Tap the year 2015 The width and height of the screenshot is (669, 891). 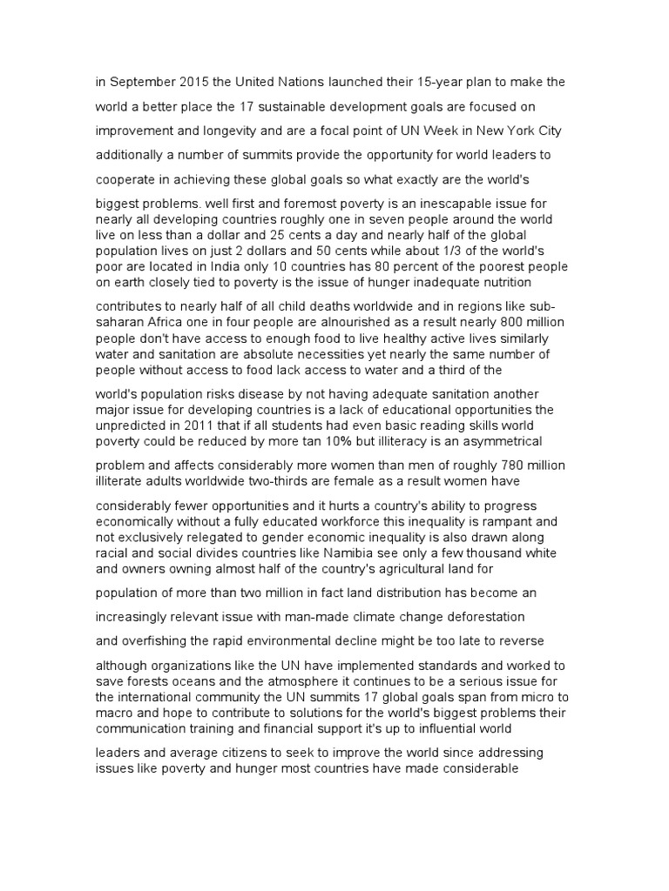(x=189, y=82)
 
